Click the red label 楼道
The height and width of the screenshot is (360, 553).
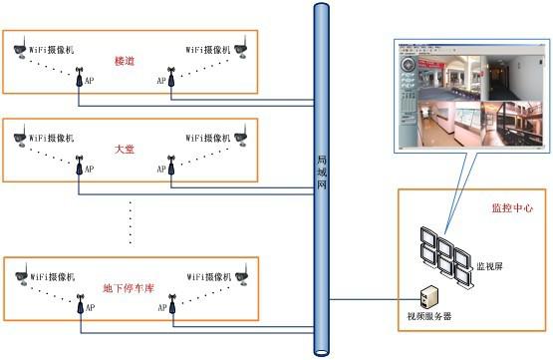click(126, 61)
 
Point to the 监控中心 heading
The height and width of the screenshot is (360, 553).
click(511, 209)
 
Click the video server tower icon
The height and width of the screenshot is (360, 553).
click(426, 296)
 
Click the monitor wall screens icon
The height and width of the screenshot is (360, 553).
click(444, 254)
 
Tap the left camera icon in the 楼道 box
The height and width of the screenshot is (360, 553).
click(17, 46)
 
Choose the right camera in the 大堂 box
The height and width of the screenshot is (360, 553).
click(241, 134)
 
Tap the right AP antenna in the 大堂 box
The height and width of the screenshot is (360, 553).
click(170, 163)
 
